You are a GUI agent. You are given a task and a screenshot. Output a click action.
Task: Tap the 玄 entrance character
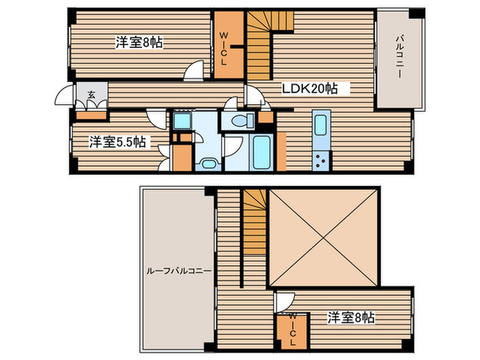pos(91,95)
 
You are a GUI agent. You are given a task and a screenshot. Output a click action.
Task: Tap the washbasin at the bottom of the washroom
pos(208,163)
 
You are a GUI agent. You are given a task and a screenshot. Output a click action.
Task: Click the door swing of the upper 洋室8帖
pos(196,69)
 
